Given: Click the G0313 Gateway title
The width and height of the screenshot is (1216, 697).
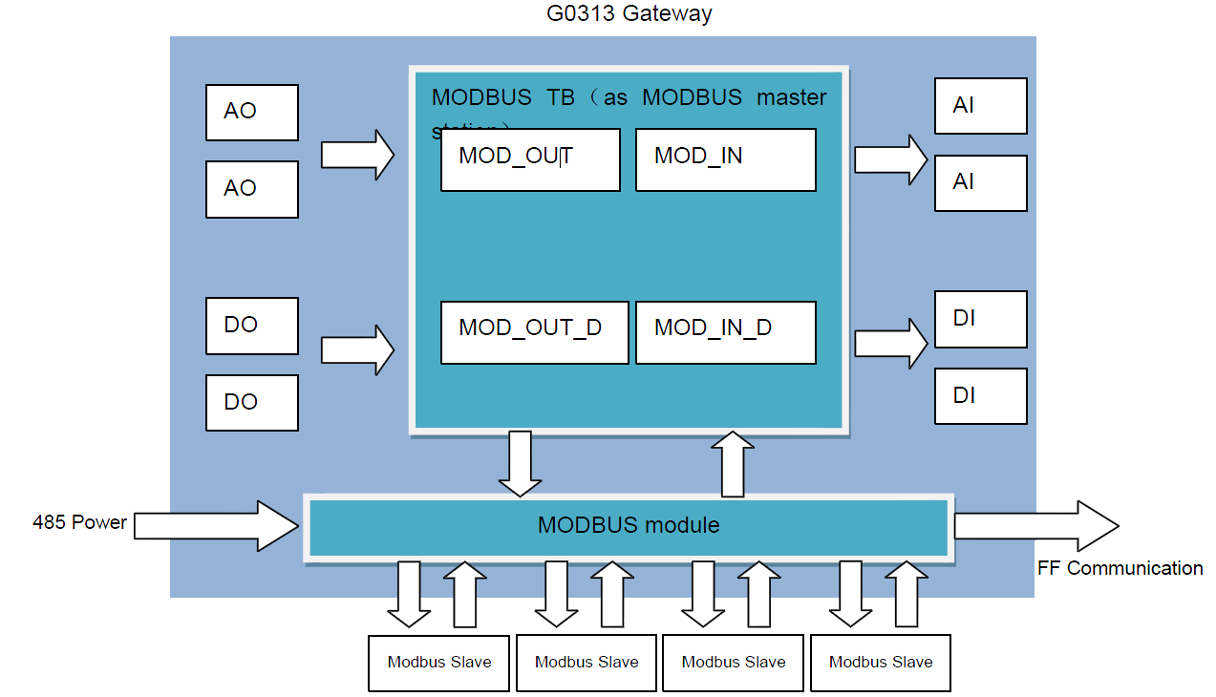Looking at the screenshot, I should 629,13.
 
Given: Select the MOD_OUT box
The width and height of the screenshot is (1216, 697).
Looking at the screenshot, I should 530,159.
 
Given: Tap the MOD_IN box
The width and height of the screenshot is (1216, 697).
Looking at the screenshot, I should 725,159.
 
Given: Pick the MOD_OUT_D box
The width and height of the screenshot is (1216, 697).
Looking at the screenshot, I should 534,332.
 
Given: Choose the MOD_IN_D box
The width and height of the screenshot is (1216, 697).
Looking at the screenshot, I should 725,332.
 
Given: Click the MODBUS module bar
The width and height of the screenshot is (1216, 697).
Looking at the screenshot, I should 628,526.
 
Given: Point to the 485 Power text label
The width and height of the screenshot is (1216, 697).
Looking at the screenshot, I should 79,522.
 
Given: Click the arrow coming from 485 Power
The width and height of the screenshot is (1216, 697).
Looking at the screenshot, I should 216,525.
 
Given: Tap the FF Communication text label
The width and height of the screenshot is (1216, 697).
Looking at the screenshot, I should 1120,568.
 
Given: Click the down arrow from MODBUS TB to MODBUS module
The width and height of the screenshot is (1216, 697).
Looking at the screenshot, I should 521,463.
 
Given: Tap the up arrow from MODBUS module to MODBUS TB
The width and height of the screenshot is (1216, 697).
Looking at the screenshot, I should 733,464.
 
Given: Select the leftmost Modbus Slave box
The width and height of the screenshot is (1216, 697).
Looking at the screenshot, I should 439,662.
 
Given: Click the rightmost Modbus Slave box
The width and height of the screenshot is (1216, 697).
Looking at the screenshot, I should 881,662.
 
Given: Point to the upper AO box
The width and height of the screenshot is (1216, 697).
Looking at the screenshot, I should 252,112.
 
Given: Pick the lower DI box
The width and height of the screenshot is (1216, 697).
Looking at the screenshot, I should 980,395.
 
